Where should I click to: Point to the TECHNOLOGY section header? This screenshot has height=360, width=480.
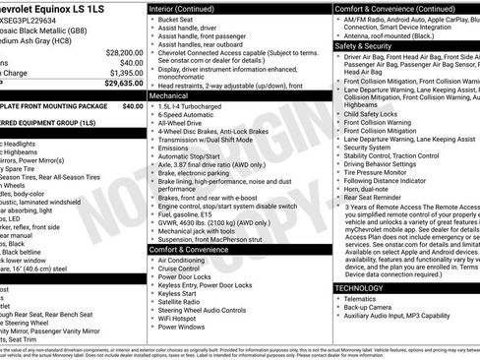pos(358,287)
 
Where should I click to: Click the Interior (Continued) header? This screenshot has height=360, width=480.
pos(189,7)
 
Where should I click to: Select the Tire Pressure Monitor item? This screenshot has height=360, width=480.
pos(380,171)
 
